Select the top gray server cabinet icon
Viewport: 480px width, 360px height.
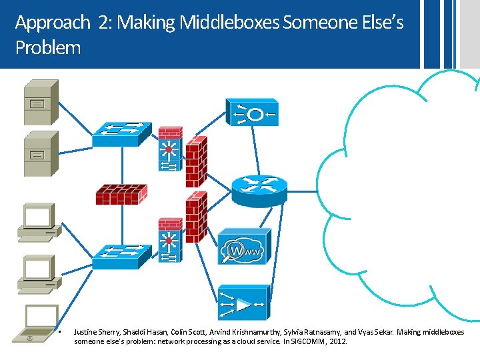click(x=41, y=102)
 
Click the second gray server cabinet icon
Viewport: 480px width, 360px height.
click(x=41, y=153)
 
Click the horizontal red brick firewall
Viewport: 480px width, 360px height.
click(x=121, y=195)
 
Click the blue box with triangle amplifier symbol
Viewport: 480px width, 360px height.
click(x=244, y=303)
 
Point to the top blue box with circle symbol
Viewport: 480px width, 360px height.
click(x=252, y=113)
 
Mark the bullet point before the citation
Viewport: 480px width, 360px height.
click(x=59, y=331)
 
